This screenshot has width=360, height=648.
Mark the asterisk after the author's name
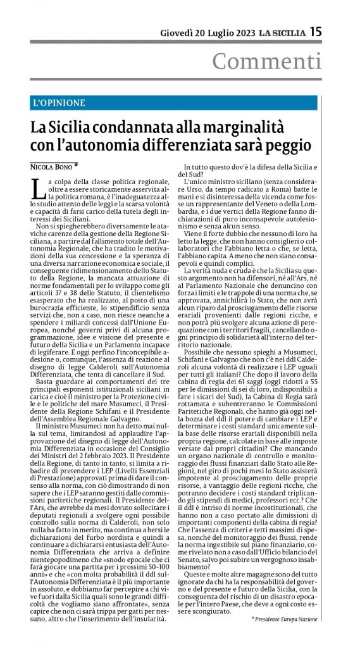point(77,166)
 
